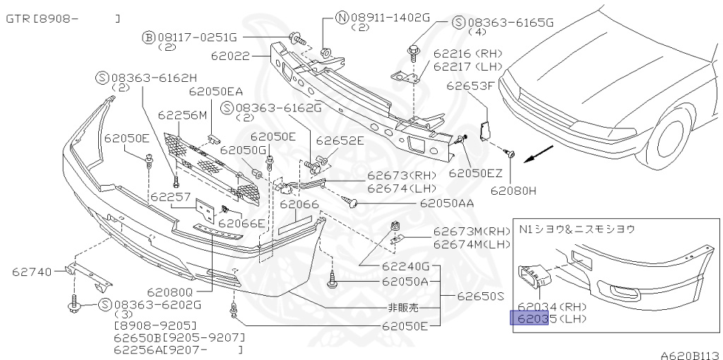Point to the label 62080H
pos(515,190)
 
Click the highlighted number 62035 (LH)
pos(529,318)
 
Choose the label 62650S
pos(481,296)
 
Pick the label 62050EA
pos(215,92)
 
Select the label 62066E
pos(241,224)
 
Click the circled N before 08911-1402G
pos(341,17)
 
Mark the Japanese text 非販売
pos(402,308)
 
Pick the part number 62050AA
pos(446,203)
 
